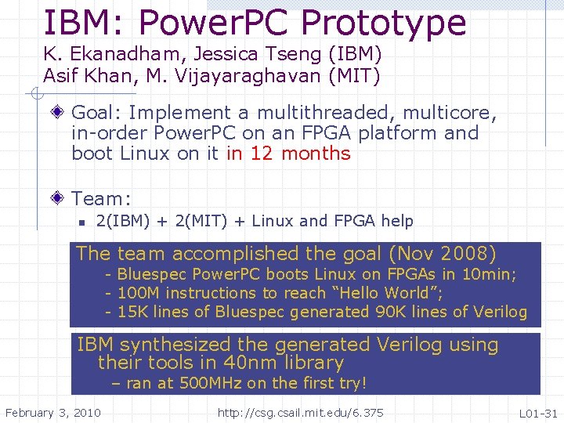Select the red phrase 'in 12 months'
(x=288, y=154)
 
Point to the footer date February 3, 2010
(x=52, y=412)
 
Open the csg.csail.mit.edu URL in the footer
(x=300, y=412)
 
